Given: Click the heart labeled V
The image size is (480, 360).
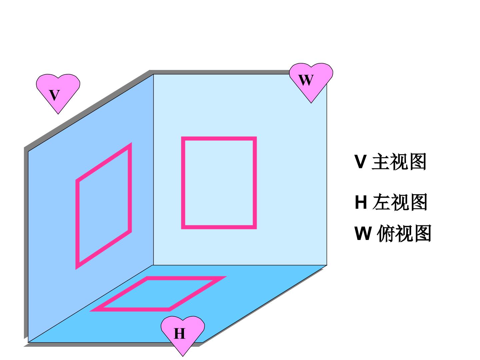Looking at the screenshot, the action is click(58, 92).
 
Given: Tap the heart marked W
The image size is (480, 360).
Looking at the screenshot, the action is click(311, 81).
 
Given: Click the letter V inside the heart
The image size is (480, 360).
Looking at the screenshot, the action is click(54, 95).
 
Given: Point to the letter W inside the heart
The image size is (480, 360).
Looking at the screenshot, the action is click(306, 80).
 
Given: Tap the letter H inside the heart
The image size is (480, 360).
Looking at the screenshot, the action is click(180, 334).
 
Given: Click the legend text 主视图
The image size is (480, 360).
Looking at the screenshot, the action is click(399, 162).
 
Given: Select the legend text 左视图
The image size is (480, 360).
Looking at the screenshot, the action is click(400, 202).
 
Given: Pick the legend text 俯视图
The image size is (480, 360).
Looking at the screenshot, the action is click(404, 233).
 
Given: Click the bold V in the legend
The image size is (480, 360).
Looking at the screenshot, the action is click(360, 162).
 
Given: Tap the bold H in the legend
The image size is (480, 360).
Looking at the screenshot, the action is click(361, 202).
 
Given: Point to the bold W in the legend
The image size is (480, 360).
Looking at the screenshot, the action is click(363, 233).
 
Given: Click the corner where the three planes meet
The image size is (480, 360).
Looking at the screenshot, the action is click(154, 265).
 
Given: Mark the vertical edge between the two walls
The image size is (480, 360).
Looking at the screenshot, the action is click(154, 170).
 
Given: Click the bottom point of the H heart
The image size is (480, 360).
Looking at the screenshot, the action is click(183, 357).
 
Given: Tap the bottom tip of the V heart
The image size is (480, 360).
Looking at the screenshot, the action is click(58, 114).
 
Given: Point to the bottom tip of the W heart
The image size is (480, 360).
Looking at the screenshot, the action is click(311, 103).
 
